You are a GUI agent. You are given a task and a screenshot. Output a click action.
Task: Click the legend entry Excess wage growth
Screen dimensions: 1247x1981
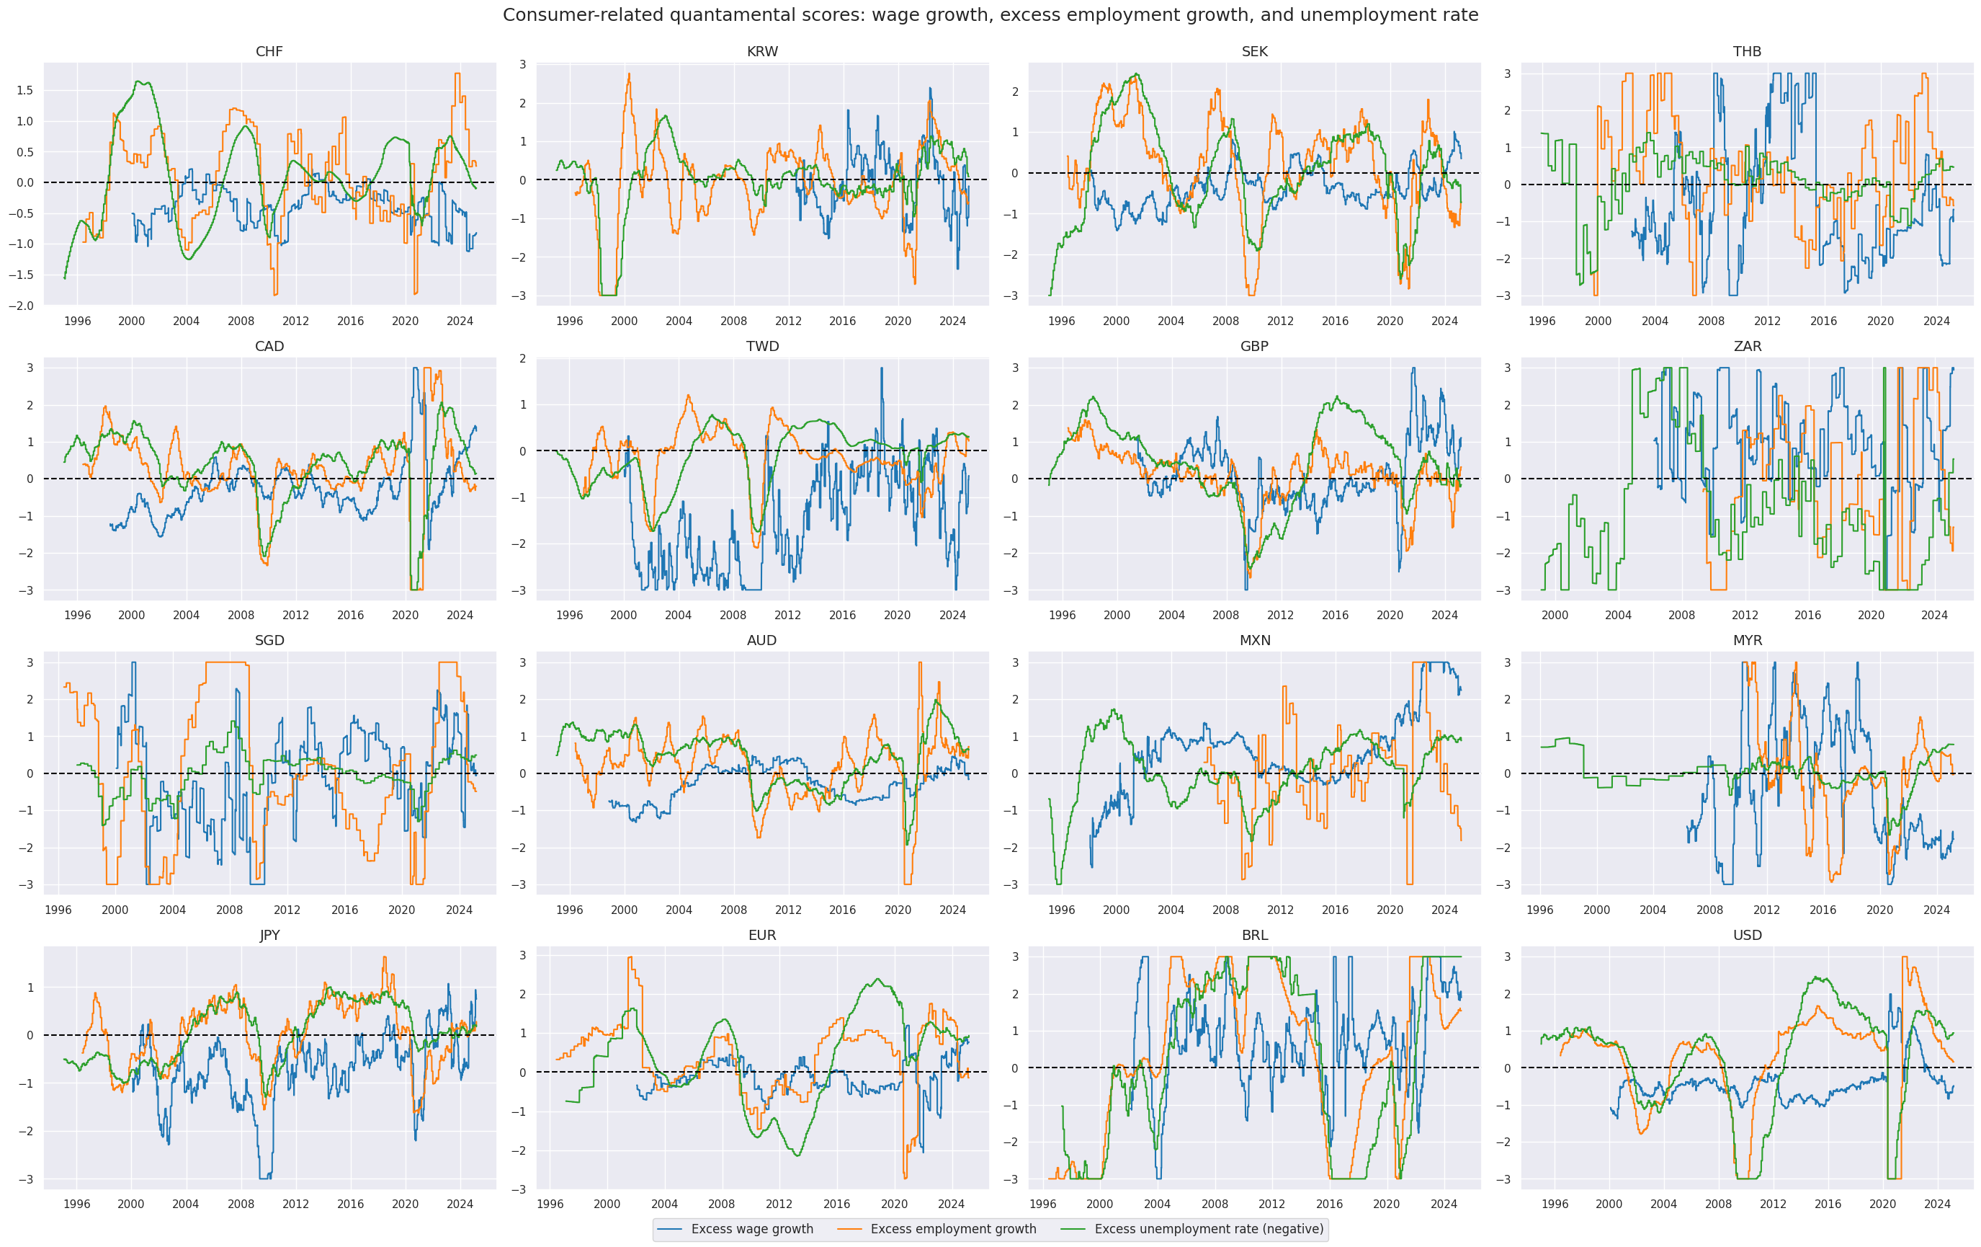pos(751,1229)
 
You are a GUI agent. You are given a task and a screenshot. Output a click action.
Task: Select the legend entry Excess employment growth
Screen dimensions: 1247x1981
pos(952,1229)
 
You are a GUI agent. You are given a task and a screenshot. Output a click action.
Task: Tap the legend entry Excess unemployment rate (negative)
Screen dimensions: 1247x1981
pos(1209,1229)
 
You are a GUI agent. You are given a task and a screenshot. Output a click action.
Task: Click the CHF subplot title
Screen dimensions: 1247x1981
pos(269,52)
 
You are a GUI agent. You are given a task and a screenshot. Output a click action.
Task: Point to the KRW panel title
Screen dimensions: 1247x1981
pos(762,52)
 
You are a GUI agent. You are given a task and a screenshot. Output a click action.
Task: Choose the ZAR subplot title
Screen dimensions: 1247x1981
pos(1748,347)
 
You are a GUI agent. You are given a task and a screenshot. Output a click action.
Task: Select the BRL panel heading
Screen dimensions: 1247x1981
pos(1255,935)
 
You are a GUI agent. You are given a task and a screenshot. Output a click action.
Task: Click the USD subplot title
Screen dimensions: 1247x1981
pos(1748,935)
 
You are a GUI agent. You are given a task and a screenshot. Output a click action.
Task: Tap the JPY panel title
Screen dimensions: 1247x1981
pos(269,935)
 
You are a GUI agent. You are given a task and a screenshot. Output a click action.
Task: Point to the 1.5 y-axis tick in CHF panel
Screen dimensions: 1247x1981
pos(24,91)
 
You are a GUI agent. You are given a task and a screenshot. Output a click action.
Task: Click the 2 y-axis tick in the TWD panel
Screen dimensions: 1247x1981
pos(522,359)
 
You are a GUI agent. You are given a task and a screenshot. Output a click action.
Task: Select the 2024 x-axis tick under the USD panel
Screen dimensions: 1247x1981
pos(1936,1203)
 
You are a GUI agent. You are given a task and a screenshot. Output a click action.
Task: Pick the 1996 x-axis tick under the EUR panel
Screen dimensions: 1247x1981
pos(550,1203)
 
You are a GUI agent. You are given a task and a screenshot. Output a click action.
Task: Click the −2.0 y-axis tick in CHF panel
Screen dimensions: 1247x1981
pos(22,306)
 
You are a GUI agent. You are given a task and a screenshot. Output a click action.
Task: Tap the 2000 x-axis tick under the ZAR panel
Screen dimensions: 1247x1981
pos(1555,615)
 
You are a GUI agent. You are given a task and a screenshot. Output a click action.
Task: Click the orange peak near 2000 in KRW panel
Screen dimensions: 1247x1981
pos(630,75)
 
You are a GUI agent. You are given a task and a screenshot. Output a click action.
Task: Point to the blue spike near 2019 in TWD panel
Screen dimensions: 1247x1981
pos(881,369)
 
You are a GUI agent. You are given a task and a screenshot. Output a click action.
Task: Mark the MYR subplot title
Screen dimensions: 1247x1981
pos(1748,640)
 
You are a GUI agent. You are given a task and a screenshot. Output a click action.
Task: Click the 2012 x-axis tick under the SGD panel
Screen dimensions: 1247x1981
pos(287,910)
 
